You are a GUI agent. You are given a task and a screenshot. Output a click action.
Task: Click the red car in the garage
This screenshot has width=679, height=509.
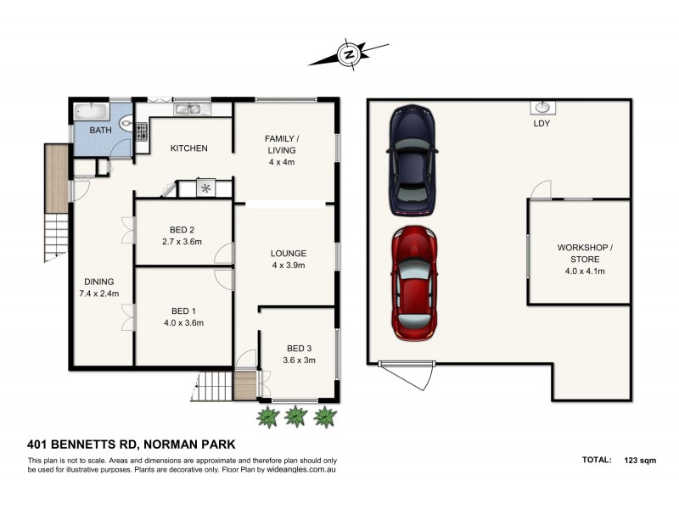click(414, 283)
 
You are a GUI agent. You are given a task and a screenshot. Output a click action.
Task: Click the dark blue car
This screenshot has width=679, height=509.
click(412, 160)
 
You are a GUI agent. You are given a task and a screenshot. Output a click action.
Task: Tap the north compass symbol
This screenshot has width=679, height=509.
click(349, 54)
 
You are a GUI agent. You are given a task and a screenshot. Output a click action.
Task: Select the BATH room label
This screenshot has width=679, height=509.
click(100, 130)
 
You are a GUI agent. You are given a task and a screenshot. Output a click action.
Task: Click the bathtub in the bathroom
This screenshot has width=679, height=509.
click(92, 111)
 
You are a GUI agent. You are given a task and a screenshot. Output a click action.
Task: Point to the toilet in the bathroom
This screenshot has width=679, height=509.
click(126, 124)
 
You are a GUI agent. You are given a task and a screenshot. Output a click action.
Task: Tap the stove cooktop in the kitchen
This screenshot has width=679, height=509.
click(142, 131)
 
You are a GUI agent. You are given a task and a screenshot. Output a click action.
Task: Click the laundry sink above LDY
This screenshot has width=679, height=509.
click(543, 107)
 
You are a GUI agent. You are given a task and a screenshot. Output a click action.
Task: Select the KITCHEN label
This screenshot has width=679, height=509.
click(188, 148)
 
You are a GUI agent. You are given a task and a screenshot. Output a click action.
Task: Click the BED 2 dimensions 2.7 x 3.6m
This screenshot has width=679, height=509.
click(182, 242)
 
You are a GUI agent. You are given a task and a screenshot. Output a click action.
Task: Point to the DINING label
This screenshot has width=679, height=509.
click(99, 282)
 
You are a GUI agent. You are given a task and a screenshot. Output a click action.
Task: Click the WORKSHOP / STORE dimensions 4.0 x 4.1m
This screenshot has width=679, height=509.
click(585, 271)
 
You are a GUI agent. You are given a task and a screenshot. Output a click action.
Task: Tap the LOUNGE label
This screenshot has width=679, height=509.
click(289, 254)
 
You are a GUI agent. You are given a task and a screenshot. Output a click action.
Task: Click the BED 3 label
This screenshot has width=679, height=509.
click(300, 349)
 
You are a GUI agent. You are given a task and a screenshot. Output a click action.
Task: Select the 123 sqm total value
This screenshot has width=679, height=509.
click(640, 461)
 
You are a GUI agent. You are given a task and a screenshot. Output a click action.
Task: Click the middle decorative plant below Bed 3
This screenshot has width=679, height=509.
click(295, 417)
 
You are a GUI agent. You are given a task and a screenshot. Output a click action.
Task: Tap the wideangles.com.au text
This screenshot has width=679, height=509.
click(301, 470)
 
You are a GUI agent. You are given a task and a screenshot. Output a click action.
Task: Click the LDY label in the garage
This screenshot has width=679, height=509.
click(542, 123)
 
